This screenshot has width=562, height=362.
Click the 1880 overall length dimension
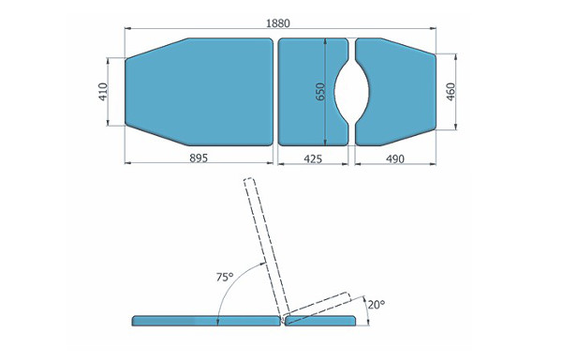[x=278, y=23]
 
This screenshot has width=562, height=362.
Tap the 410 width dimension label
[x=103, y=92]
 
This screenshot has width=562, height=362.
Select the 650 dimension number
[x=320, y=92]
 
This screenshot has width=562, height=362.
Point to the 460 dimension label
[x=451, y=92]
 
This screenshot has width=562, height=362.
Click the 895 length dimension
[x=199, y=158]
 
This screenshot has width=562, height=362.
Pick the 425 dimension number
[x=313, y=158]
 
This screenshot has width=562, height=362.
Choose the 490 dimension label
[x=395, y=158]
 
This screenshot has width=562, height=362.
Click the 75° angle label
[x=225, y=277]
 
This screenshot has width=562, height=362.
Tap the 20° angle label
[x=376, y=305]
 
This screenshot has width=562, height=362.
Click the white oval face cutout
[x=351, y=92]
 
